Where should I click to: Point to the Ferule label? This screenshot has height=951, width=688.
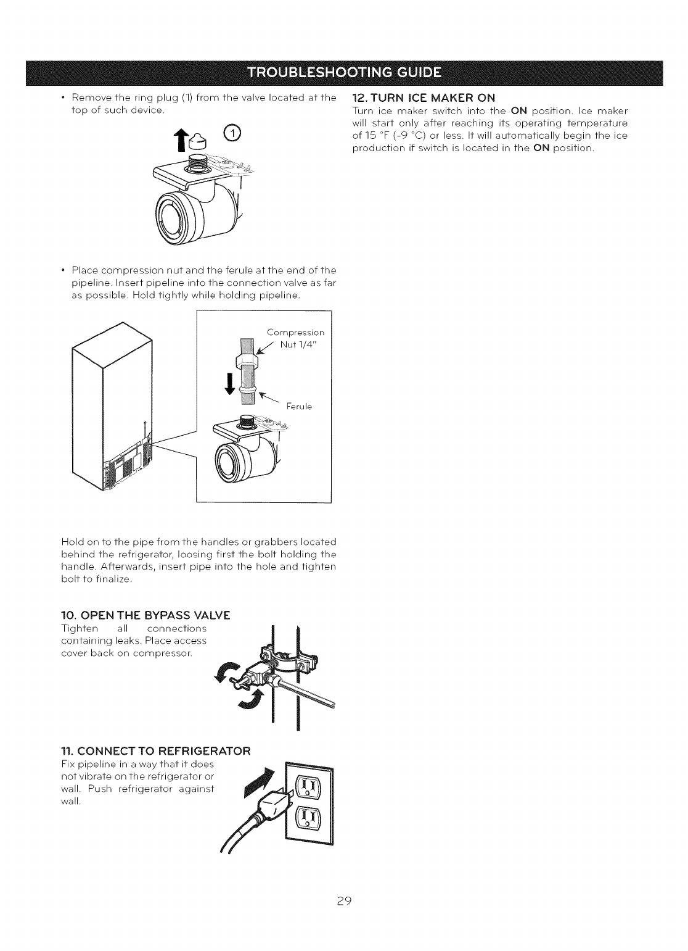coord(300,406)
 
